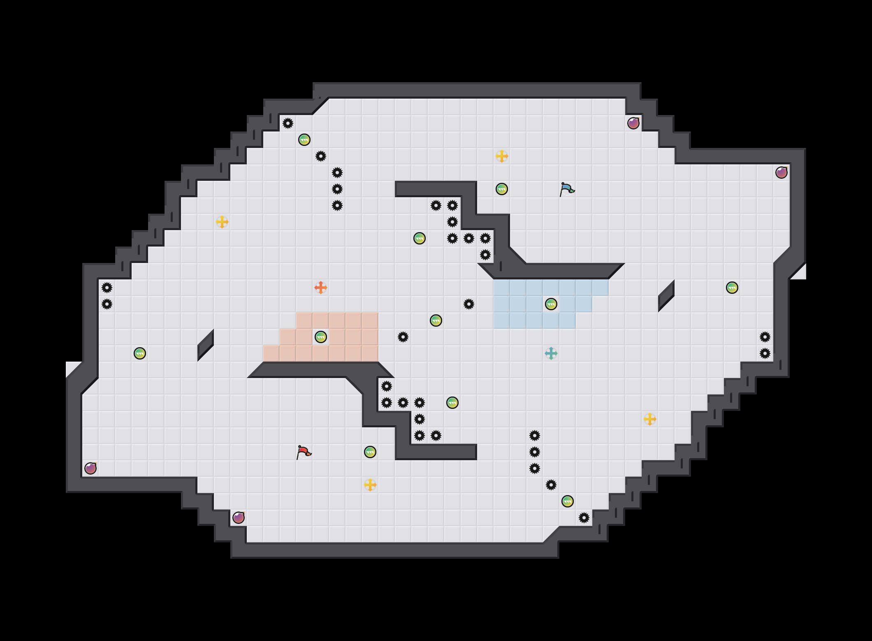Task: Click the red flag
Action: (304, 452)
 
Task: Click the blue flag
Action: (567, 189)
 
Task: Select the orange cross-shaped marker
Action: (321, 288)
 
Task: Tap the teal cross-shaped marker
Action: (551, 353)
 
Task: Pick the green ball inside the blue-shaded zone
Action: (551, 304)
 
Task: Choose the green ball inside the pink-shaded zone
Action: (321, 337)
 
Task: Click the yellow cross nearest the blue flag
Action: (502, 156)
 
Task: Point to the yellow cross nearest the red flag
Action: (370, 485)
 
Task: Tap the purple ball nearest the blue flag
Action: (633, 123)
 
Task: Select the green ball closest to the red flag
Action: (370, 452)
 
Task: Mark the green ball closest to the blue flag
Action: (502, 189)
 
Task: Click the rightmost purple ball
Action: (782, 173)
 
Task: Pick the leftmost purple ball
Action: (90, 468)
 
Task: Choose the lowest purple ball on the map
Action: (239, 518)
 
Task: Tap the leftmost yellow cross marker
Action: (222, 222)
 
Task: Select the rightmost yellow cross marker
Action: (650, 419)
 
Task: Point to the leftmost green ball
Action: (140, 353)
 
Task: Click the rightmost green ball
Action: (732, 288)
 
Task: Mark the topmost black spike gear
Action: (288, 123)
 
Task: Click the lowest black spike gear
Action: (584, 518)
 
